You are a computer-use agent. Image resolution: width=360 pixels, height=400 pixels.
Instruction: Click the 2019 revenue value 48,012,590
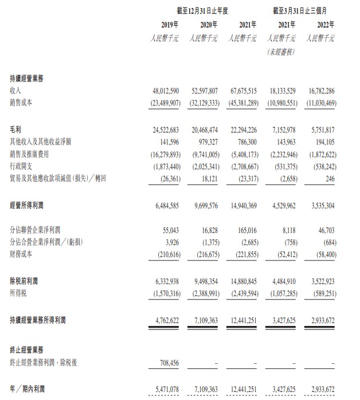click(163, 91)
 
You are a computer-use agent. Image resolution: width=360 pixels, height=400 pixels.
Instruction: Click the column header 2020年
click(208, 24)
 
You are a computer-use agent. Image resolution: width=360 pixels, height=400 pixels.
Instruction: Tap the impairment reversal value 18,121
click(210, 178)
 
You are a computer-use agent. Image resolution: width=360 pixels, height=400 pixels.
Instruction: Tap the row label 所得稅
click(18, 294)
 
